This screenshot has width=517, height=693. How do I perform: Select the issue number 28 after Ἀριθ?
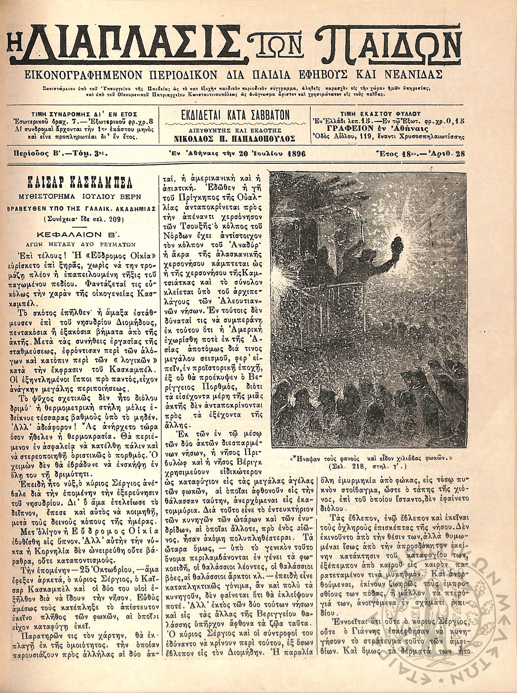460,154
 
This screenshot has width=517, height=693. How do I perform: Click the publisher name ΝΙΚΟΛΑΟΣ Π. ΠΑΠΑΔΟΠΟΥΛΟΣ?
234,138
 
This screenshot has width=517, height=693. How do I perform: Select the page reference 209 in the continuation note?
116,219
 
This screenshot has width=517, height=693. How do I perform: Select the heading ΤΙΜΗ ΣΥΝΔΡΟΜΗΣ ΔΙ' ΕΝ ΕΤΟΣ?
84,114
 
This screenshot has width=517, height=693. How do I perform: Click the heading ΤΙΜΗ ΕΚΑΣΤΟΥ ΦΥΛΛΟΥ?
386,114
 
